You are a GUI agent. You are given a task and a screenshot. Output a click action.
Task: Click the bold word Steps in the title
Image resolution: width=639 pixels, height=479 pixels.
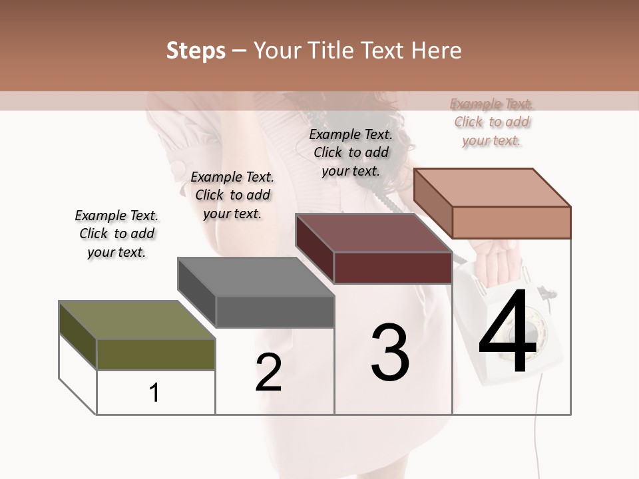pos(196,51)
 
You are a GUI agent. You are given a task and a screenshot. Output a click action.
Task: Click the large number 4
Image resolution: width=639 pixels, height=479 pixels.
pos(507,333)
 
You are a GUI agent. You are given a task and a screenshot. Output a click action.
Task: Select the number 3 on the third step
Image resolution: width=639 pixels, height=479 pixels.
pos(390,353)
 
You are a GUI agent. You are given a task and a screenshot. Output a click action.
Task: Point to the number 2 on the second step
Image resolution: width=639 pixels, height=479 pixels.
pos(268,373)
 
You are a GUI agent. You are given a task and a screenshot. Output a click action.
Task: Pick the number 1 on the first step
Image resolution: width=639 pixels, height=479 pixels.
pos(154,393)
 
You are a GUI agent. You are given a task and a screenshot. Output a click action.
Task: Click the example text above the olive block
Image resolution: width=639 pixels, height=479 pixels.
pos(116,234)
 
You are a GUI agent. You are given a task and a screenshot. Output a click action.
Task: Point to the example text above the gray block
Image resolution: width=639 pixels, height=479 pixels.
pos(232,195)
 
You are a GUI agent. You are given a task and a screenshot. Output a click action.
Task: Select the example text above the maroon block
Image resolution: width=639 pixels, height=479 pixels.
pos(351,152)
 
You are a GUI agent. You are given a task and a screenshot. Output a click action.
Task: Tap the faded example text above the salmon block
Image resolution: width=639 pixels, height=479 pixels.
pos(492,122)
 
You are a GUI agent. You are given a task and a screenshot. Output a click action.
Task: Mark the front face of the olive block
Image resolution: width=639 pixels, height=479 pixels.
pos(156,354)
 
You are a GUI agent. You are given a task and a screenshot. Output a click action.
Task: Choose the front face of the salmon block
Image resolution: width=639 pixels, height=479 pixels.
pos(511,222)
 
